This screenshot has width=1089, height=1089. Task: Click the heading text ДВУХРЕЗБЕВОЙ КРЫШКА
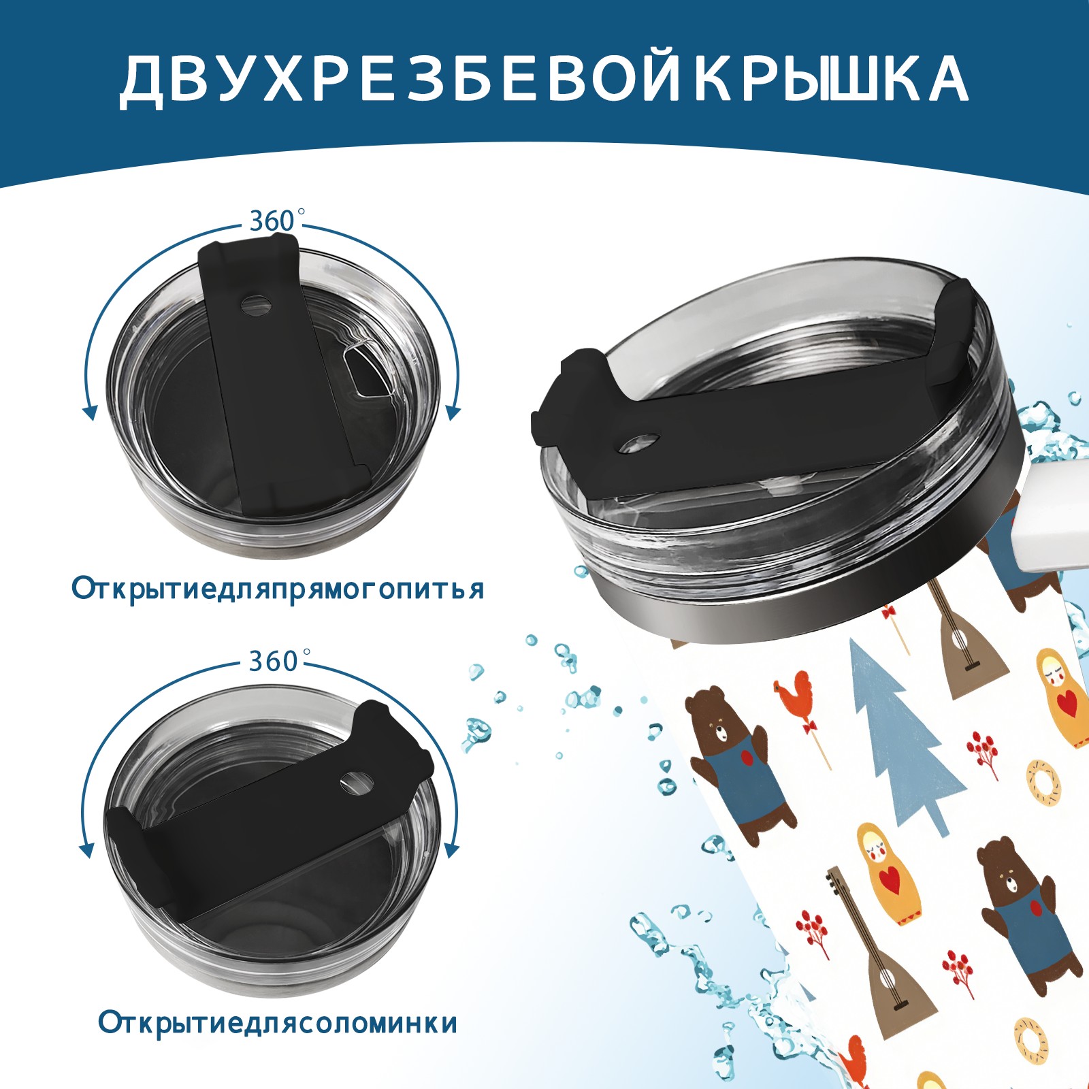tap(544, 79)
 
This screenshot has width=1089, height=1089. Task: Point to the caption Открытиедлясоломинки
tap(278, 1022)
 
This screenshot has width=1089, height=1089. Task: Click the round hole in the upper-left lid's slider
tap(257, 304)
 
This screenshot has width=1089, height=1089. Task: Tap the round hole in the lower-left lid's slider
tap(356, 783)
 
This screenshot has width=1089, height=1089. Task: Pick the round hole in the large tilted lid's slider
tap(640, 443)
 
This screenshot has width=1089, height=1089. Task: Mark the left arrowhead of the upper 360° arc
tap(89, 412)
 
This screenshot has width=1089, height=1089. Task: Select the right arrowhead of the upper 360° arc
tap(453, 412)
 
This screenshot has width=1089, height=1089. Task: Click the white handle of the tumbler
tap(1052, 517)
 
